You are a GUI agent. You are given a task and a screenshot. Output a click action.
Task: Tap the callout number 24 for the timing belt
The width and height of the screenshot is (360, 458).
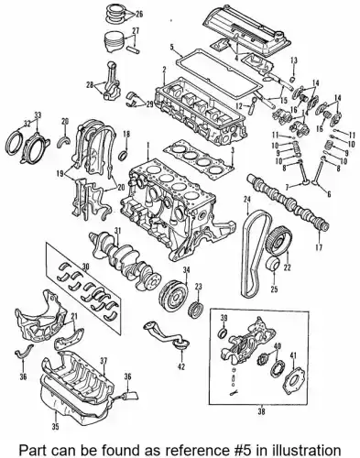tap(247, 200)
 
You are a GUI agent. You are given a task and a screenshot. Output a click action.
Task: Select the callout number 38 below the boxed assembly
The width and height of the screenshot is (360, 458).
tap(261, 411)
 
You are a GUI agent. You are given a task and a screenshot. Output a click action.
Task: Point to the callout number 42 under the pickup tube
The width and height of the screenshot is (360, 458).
tap(181, 367)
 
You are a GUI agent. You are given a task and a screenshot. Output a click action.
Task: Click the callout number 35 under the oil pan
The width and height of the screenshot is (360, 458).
tap(55, 427)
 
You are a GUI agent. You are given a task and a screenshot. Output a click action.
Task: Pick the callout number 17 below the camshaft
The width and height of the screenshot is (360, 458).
tap(319, 247)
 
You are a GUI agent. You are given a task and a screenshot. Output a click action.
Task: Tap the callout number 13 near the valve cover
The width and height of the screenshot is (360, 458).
tap(294, 60)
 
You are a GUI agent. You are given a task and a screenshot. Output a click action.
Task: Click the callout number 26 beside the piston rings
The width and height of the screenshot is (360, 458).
tap(139, 14)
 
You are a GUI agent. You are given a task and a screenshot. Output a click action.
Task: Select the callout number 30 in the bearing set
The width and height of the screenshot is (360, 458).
tap(86, 267)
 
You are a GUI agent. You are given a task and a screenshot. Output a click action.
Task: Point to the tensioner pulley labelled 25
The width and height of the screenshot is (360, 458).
tap(274, 265)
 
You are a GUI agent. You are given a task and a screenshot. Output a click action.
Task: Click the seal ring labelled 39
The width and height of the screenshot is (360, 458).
tap(224, 333)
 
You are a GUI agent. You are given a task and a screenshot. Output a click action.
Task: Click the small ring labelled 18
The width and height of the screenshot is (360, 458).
tap(125, 154)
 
